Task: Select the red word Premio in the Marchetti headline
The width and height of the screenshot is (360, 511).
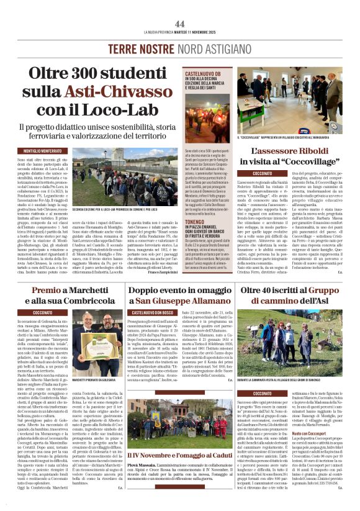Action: point(47,290)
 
